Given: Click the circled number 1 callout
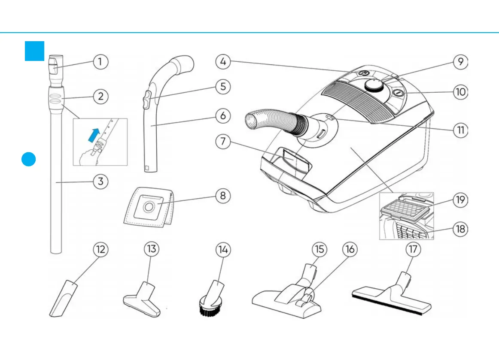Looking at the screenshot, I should tap(100, 62).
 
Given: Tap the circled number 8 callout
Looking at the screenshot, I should tap(222, 196).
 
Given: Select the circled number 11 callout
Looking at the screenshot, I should tap(460, 130).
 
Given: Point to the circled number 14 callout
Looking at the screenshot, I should tap(222, 250).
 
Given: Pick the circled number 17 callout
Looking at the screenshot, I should tap(413, 250).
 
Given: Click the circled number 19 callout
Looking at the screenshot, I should tap(460, 200).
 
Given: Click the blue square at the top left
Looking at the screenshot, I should tap(34, 51).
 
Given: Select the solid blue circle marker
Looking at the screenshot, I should tap(29, 159).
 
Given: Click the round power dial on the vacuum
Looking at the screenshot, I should tap(374, 85).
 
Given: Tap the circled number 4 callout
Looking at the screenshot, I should tap(222, 62).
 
